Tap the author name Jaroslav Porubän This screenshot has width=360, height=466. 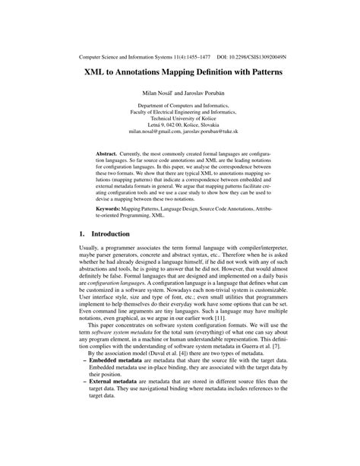206,94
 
